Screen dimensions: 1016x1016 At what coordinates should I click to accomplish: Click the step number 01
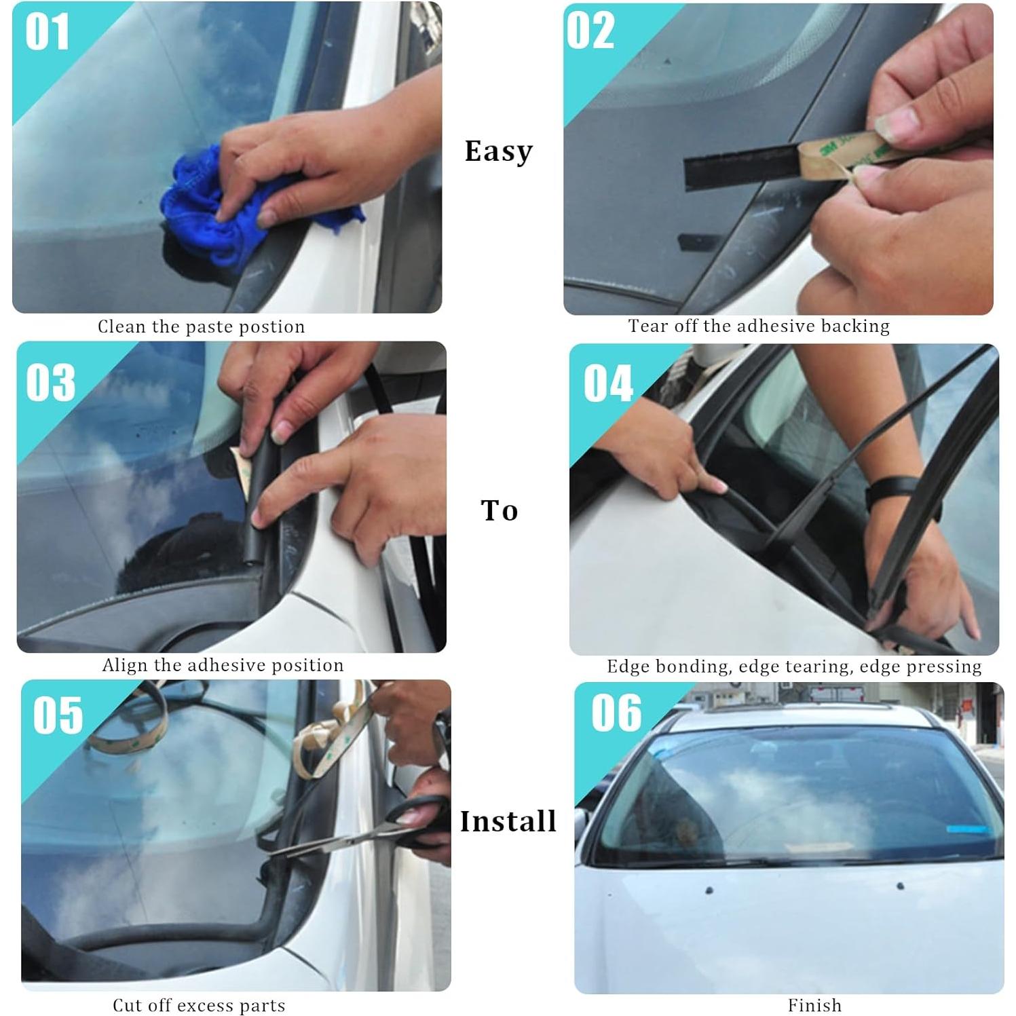click(47, 32)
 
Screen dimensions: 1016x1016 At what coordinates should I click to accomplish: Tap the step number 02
click(590, 31)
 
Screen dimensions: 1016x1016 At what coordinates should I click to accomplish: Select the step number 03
click(51, 383)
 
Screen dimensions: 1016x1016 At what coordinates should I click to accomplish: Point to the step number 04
click(608, 383)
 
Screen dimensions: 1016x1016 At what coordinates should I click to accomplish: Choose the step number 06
click(616, 713)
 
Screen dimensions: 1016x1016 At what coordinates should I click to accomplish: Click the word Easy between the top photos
click(499, 151)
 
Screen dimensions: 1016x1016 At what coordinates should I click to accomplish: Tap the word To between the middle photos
click(500, 510)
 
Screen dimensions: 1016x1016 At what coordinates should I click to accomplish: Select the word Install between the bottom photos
click(508, 822)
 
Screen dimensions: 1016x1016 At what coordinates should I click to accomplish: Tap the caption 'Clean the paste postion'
click(202, 327)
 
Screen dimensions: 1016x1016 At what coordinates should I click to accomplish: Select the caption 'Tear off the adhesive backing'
click(759, 326)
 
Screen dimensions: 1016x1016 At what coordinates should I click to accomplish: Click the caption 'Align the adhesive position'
click(223, 665)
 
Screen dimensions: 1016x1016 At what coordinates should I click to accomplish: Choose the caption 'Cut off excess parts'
click(199, 1005)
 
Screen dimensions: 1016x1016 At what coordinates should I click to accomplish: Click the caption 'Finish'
click(814, 1005)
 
